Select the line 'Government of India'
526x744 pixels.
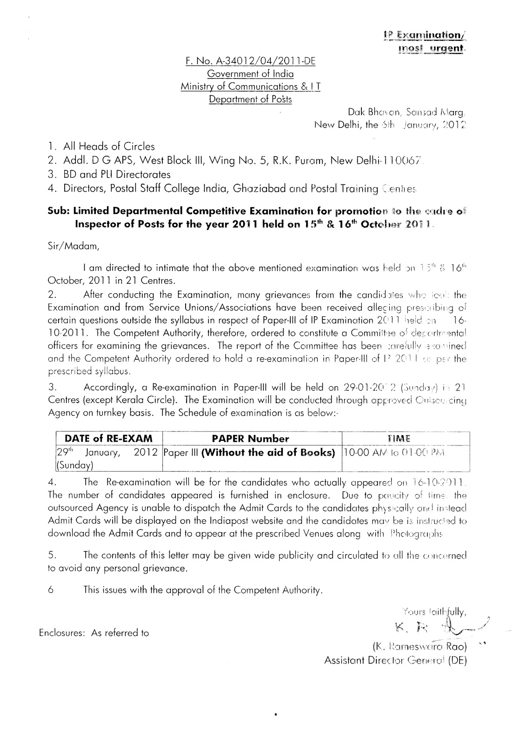(x=250, y=73)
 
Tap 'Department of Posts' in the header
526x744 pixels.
(x=250, y=99)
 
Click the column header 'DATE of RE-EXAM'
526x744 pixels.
(x=108, y=438)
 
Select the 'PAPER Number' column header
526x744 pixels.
(x=251, y=438)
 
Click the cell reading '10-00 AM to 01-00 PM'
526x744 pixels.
(x=395, y=452)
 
